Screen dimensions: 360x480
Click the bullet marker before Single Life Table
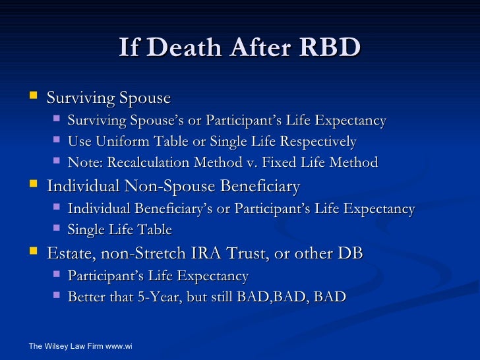click(56, 229)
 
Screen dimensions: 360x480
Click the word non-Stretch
click(138, 253)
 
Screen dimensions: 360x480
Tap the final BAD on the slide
click(330, 297)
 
